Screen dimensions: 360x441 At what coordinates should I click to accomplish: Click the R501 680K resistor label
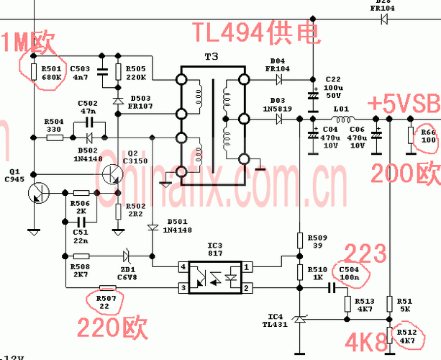(53, 71)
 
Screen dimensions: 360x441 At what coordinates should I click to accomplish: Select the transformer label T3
(212, 58)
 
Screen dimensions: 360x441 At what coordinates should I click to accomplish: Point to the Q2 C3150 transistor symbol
(112, 173)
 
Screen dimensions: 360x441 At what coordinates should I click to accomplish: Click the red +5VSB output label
(403, 103)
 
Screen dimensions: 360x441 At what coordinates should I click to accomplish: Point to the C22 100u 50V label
(333, 86)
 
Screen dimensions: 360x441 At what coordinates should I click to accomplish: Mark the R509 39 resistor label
(317, 241)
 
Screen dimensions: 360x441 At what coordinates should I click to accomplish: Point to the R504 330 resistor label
(54, 125)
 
